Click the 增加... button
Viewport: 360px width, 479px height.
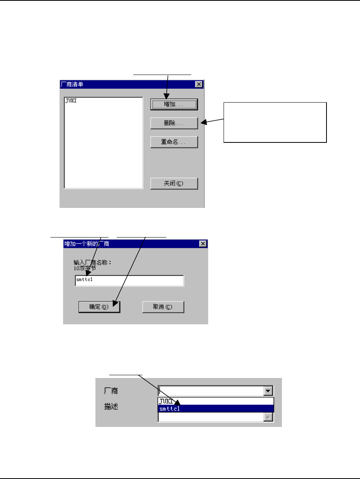point(174,104)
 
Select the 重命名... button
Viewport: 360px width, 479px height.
point(174,142)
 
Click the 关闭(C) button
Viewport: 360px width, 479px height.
point(174,183)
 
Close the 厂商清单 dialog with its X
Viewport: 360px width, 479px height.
point(199,84)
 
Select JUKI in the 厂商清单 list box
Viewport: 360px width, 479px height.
point(71,101)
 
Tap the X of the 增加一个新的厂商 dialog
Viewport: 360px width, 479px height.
point(203,244)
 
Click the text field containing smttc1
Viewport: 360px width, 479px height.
point(129,281)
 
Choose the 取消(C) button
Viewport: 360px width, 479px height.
point(163,307)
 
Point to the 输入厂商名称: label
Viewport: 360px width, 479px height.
point(93,262)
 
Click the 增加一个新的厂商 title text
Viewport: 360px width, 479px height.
point(87,244)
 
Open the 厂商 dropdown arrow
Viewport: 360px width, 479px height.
point(269,391)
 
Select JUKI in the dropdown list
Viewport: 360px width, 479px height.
point(166,401)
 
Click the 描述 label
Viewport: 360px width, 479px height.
point(110,406)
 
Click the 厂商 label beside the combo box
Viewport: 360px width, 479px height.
point(110,391)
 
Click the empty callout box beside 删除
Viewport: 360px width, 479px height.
point(275,122)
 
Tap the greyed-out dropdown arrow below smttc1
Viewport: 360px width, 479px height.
point(269,417)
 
